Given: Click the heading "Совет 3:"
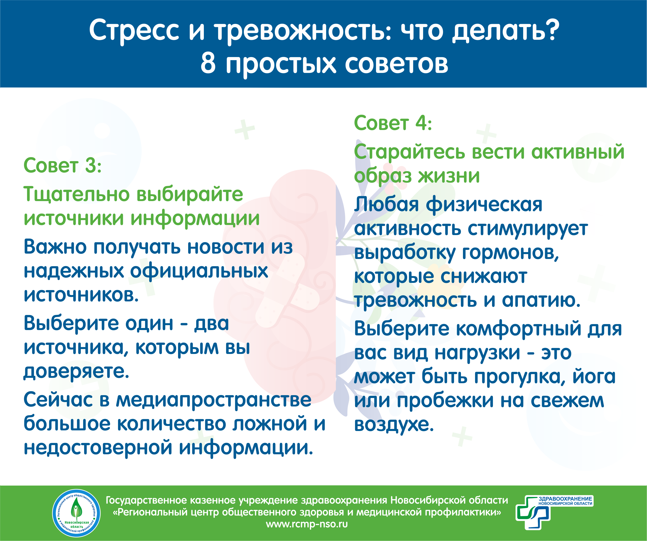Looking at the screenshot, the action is pyautogui.click(x=63, y=166).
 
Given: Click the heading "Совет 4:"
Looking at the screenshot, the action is pyautogui.click(x=393, y=123).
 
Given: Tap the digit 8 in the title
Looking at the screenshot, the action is pyautogui.click(x=208, y=63).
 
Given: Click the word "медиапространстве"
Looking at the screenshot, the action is pyautogui.click(x=213, y=400).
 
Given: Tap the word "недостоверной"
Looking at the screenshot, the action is pyautogui.click(x=98, y=448).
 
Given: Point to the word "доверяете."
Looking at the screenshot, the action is pyautogui.click(x=76, y=372).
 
